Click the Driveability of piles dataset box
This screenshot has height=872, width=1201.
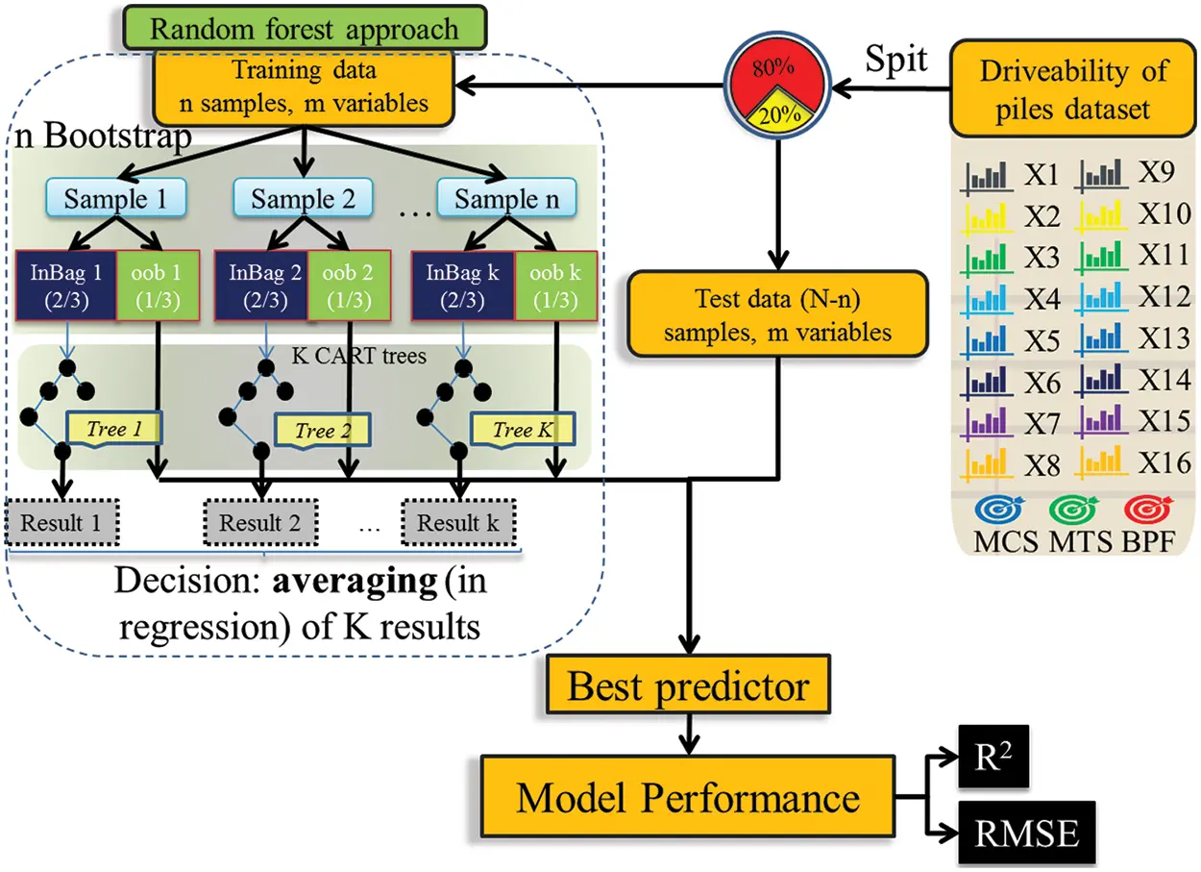click(1072, 88)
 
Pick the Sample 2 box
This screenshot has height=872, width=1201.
click(304, 200)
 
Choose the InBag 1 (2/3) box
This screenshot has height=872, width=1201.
click(65, 286)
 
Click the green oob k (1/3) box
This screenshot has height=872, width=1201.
click(553, 286)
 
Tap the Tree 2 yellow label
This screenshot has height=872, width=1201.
click(314, 430)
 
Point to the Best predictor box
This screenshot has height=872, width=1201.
click(688, 686)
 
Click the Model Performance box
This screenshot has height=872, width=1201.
click(687, 798)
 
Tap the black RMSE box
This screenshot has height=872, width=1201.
click(1025, 833)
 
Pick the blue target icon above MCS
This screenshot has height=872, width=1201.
click(999, 508)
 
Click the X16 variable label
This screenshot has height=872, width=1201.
click(1164, 462)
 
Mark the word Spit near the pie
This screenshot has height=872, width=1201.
click(896, 60)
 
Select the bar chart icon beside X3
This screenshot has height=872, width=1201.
click(989, 258)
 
